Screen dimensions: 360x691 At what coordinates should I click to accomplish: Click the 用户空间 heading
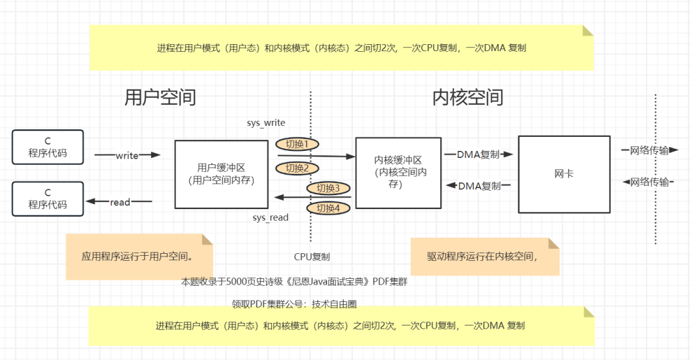(160, 97)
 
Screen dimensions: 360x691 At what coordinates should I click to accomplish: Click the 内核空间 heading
(468, 97)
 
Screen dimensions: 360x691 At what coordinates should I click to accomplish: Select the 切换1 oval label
(297, 145)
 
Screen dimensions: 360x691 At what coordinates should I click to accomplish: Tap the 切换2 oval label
(297, 168)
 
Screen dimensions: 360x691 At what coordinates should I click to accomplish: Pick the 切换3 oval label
(328, 188)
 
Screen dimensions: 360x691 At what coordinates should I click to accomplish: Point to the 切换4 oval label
(328, 208)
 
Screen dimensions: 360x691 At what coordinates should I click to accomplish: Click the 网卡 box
(564, 174)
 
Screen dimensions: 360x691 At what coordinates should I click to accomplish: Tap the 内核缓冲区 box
(398, 173)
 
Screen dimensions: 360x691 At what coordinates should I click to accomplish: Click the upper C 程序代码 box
(47, 147)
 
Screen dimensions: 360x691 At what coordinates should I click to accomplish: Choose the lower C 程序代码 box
(47, 198)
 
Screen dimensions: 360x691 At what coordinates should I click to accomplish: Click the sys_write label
(266, 123)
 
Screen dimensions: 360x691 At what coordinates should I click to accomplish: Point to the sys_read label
(270, 217)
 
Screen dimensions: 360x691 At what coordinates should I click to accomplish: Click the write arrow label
(127, 155)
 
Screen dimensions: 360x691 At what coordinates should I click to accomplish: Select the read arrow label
(120, 202)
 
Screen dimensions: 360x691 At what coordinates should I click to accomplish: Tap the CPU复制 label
(312, 257)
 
